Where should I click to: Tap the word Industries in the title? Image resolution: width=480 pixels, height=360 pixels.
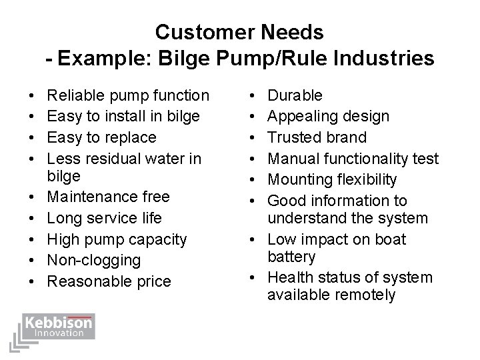[379, 59]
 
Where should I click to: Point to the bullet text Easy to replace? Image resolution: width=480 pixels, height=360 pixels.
[102, 137]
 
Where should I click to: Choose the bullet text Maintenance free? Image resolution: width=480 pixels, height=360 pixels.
[109, 197]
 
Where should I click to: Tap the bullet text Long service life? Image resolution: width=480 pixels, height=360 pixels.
[105, 218]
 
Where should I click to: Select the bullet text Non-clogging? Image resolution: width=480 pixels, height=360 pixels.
[94, 260]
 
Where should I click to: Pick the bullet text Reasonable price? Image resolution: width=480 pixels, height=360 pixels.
[109, 281]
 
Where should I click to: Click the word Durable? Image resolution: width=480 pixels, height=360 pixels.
[295, 95]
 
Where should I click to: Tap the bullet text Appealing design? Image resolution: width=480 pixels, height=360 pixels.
[328, 117]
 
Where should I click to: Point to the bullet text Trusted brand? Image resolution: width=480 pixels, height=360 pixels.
[317, 137]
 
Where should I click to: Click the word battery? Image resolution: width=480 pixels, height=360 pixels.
[291, 257]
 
